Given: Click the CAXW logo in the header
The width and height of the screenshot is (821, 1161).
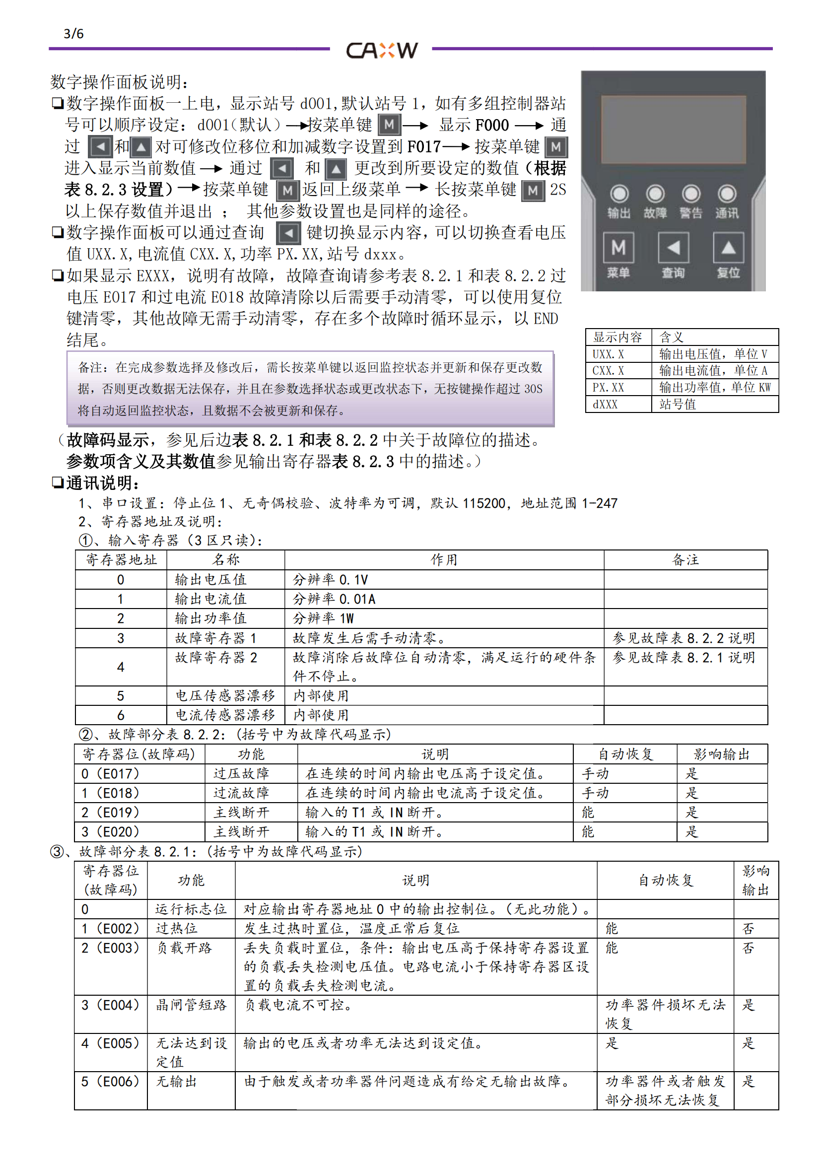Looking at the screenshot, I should point(382,50).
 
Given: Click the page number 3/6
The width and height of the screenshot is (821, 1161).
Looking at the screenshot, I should point(74,34).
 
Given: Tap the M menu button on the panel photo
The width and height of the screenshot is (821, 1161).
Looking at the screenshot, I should point(618,248).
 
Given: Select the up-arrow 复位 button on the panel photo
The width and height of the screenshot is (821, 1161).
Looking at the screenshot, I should point(728,248).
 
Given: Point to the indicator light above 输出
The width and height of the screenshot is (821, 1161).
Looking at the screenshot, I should point(619,194).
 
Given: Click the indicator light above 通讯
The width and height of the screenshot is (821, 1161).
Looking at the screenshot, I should point(727,194).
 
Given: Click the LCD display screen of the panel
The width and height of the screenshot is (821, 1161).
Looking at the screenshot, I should point(673,130).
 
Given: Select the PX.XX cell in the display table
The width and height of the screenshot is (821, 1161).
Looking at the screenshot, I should point(608,388).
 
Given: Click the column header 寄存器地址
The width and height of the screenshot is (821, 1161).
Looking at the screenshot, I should point(121,560).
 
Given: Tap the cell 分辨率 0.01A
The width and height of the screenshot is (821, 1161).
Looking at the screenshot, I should point(334,599).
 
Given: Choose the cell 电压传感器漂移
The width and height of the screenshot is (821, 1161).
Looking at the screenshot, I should point(225,696).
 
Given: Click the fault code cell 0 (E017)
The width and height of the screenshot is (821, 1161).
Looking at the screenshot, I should point(110,774).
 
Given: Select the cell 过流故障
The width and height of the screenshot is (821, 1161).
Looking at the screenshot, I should point(241,793).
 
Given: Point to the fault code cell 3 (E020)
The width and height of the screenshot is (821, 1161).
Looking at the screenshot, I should point(110,832).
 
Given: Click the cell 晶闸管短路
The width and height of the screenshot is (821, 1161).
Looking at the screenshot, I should point(191,1005).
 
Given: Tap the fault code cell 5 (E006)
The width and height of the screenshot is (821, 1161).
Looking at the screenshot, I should point(110,1081).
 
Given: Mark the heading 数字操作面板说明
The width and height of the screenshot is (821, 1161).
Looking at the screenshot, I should point(119,81).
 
